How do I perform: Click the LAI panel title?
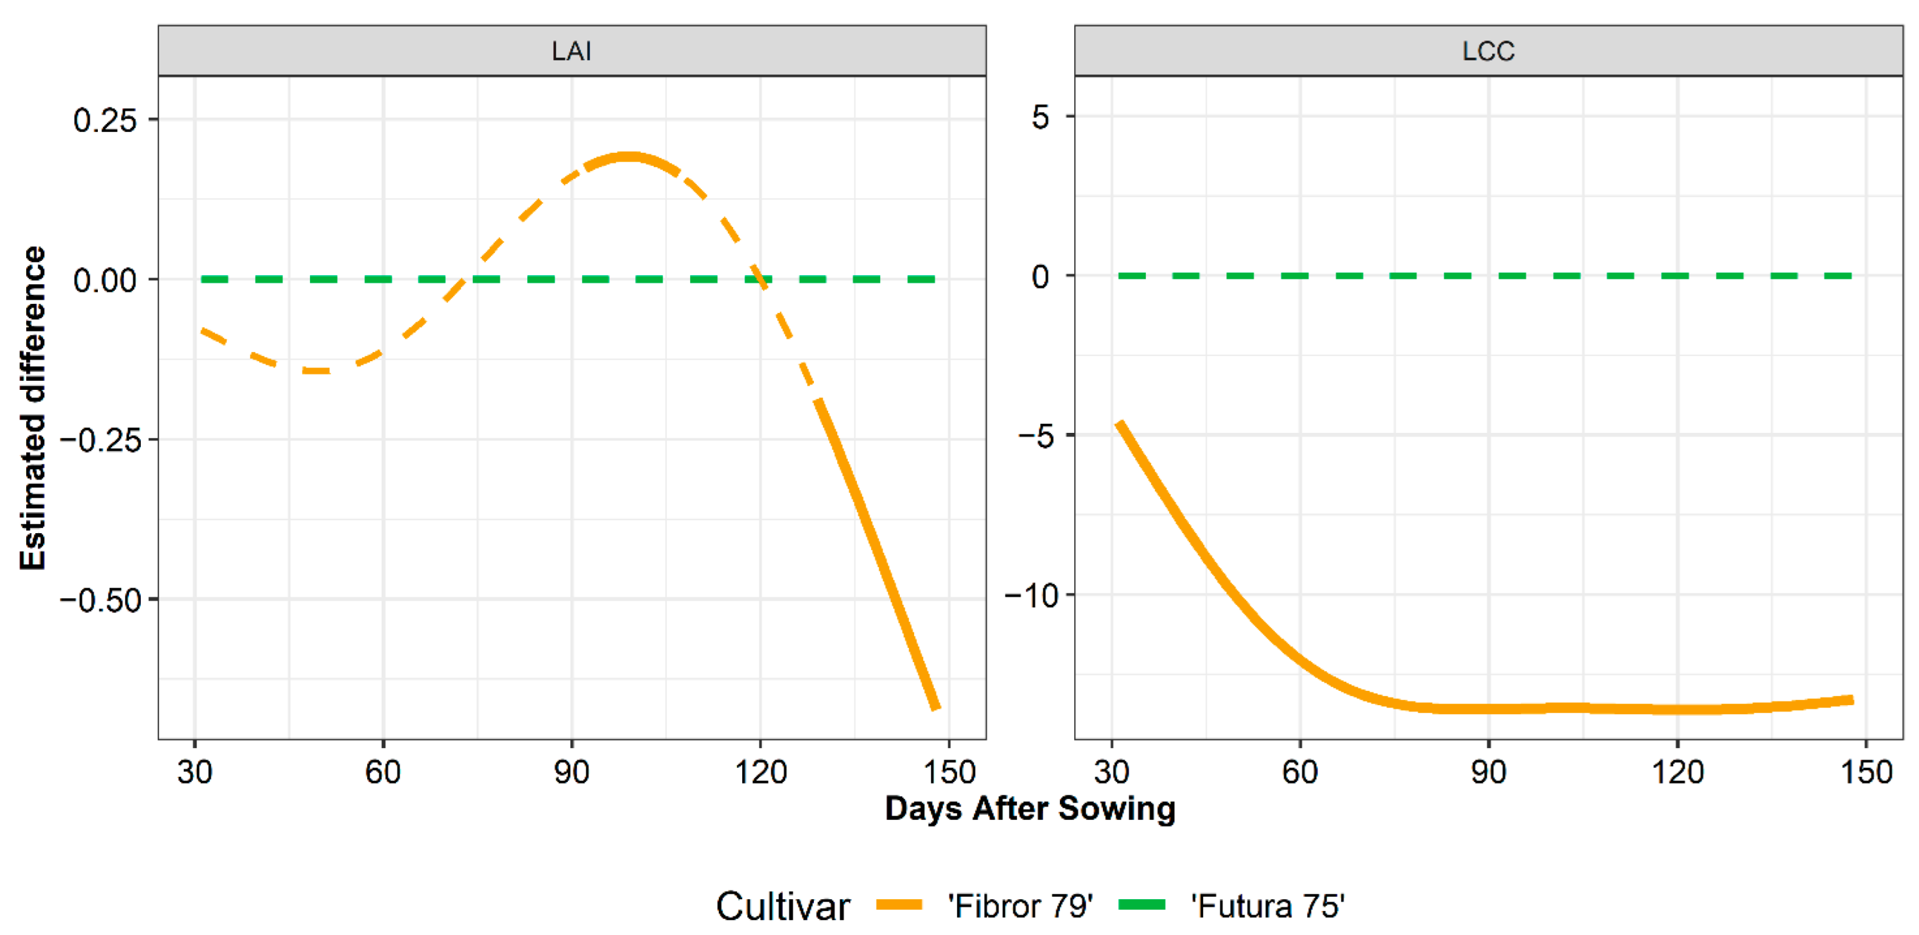(571, 51)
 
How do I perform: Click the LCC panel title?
(1488, 51)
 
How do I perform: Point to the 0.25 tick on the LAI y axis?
(105, 120)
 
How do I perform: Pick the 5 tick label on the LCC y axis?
(1040, 117)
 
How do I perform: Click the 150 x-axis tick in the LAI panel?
(949, 772)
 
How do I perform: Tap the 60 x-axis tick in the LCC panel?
(1300, 772)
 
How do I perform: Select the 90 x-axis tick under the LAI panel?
(571, 772)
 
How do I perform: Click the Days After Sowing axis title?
(1029, 808)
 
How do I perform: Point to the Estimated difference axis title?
(33, 408)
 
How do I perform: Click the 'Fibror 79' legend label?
(1020, 906)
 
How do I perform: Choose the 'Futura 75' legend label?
(1267, 906)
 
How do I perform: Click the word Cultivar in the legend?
(782, 906)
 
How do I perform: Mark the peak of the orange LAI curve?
(628, 156)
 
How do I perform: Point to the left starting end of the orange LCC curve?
(1120, 423)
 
